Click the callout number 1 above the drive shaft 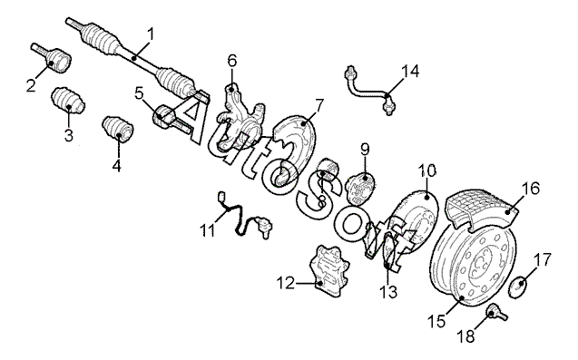point(151,35)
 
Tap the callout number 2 point(32,85)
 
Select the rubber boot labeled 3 point(68,101)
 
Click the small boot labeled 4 point(118,129)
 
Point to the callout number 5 point(139,93)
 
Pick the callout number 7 point(319,106)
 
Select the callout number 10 point(426,171)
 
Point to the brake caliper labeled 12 point(328,271)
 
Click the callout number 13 point(389,292)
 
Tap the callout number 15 point(436,321)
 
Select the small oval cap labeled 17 point(517,287)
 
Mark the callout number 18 point(466,336)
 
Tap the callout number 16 point(530,189)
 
